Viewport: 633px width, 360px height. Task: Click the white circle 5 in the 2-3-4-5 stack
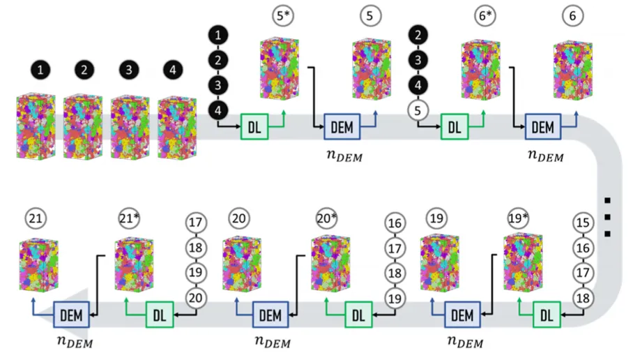418,110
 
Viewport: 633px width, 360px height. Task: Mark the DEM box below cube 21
72,315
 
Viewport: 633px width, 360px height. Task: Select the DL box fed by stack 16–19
358,315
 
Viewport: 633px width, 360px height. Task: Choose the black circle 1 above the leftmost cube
43,70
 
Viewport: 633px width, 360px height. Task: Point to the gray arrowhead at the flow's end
43,315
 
